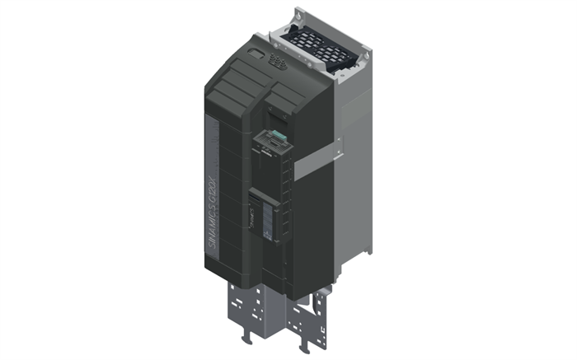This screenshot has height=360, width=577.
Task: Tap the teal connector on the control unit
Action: (x=280, y=136)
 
